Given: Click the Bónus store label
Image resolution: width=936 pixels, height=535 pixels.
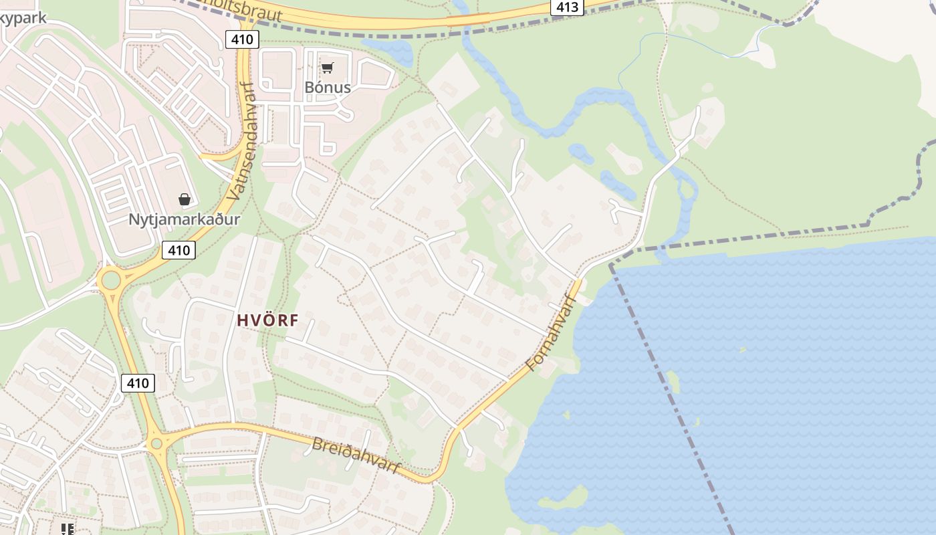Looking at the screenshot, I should tap(327, 87).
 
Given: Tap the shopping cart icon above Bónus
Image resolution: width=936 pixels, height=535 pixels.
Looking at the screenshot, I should tap(327, 68).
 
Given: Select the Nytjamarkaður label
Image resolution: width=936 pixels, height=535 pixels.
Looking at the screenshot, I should tap(184, 219).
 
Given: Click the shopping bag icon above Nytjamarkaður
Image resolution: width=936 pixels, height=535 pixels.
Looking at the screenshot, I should tap(185, 199).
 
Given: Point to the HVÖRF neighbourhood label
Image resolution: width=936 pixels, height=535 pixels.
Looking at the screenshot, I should tap(267, 321).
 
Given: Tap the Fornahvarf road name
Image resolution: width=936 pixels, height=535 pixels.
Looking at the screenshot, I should tap(551, 333).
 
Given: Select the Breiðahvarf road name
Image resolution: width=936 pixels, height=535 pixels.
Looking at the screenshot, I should tap(356, 455).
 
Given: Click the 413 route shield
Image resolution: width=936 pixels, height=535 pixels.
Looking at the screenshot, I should tap(568, 7).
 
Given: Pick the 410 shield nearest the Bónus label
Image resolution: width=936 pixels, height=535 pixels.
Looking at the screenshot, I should tap(241, 39).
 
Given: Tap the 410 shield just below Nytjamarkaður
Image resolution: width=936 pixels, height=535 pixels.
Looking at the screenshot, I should tap(179, 250).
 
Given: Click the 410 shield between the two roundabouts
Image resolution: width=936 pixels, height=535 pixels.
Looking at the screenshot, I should tap(138, 383).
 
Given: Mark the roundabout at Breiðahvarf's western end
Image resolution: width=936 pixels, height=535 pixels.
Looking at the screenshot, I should tap(156, 443).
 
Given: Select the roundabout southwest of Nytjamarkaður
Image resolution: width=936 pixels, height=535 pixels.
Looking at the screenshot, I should tap(110, 280).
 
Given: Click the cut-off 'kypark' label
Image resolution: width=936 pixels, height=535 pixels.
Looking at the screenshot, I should tap(23, 17).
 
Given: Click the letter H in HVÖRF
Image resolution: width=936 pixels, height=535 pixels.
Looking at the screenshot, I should tap(242, 321).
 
